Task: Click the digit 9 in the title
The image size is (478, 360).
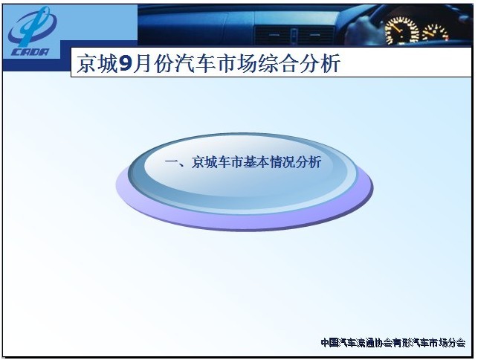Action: coord(126,64)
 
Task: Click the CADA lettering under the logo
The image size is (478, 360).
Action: coord(30,51)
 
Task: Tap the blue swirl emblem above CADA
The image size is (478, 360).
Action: coord(32,27)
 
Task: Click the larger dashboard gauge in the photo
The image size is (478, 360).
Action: coord(401,30)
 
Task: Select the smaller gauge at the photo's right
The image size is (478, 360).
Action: coord(435,32)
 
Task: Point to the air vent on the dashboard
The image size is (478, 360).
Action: coord(294,35)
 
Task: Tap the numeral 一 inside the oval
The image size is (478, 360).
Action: coord(172,162)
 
